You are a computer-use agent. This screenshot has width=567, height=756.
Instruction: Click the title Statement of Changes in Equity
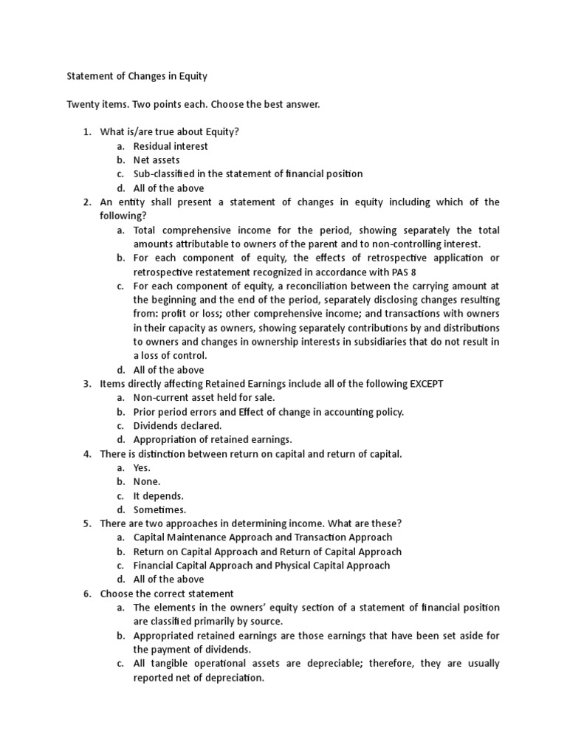pyautogui.click(x=137, y=75)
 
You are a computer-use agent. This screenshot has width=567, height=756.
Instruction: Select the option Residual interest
pyautogui.click(x=171, y=146)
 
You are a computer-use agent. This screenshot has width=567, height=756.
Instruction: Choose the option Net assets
pyautogui.click(x=157, y=159)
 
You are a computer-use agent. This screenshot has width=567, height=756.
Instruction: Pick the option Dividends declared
pyautogui.click(x=177, y=426)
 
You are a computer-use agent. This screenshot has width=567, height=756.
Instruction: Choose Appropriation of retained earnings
pyautogui.click(x=213, y=440)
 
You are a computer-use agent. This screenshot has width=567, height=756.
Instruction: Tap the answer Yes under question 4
pyautogui.click(x=142, y=468)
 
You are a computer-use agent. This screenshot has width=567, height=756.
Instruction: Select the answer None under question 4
pyautogui.click(x=146, y=481)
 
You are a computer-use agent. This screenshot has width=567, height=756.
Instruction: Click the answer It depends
pyautogui.click(x=158, y=495)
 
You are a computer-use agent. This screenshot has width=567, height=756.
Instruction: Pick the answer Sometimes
pyautogui.click(x=159, y=509)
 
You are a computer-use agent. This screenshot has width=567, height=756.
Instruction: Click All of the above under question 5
pyautogui.click(x=168, y=580)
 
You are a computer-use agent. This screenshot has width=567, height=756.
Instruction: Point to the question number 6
pyautogui.click(x=86, y=594)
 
